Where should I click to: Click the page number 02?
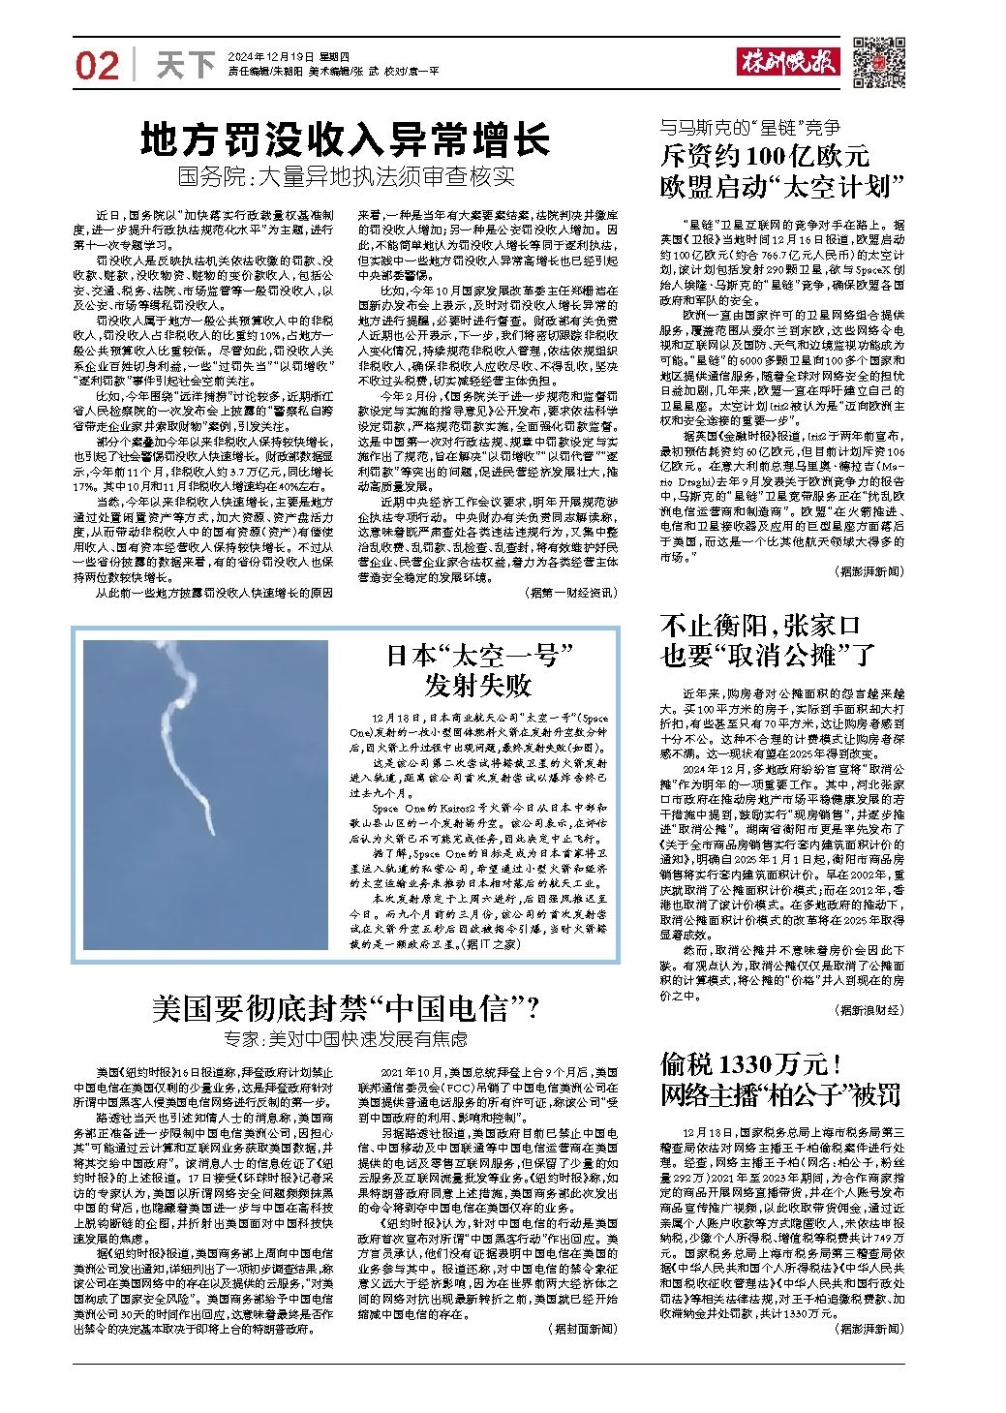click(x=97, y=66)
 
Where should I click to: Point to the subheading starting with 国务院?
click(x=345, y=178)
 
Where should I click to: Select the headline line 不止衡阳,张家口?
click(x=760, y=625)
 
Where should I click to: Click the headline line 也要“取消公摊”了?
click(x=768, y=656)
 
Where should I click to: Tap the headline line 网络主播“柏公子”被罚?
click(x=780, y=1095)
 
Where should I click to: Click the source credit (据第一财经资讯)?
click(x=569, y=591)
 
